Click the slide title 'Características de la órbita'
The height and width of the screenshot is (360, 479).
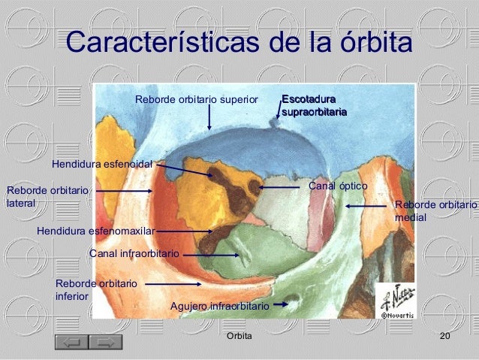tap(239, 43)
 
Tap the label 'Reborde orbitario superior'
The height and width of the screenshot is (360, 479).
tap(196, 99)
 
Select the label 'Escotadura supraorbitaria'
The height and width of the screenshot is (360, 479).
tap(314, 106)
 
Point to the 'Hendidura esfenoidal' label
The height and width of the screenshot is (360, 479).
tap(102, 164)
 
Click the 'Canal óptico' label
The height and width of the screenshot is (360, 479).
tap(338, 185)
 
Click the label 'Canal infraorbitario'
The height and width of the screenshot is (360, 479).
tap(134, 254)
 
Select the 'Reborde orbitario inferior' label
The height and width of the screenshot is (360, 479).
tap(96, 290)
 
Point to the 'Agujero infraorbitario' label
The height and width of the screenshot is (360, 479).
tap(220, 307)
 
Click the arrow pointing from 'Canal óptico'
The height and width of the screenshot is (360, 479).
tap(280, 186)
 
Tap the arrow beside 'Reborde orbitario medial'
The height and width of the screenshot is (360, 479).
tap(366, 205)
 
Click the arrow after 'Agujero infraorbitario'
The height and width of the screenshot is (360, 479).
tap(280, 304)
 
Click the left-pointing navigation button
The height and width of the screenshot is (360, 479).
tap(72, 343)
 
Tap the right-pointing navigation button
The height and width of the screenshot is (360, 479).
tap(105, 343)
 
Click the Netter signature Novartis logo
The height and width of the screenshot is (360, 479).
tap(393, 301)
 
